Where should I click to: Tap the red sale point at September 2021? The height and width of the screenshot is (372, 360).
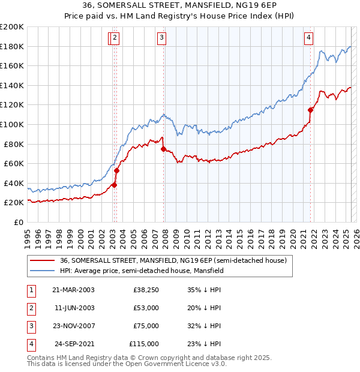pyautogui.click(x=311, y=110)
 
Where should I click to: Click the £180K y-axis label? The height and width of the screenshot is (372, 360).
pyautogui.click(x=12, y=46)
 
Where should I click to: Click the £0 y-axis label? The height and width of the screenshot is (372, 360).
pyautogui.click(x=17, y=222)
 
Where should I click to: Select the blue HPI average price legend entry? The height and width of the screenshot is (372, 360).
pyautogui.click(x=142, y=271)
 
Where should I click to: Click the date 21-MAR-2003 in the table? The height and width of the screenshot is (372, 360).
pyautogui.click(x=73, y=290)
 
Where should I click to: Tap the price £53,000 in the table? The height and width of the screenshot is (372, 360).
pyautogui.click(x=146, y=308)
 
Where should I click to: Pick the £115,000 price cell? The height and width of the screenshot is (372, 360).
pyautogui.click(x=144, y=344)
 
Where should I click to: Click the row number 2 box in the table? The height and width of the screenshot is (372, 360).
pyautogui.click(x=31, y=308)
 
